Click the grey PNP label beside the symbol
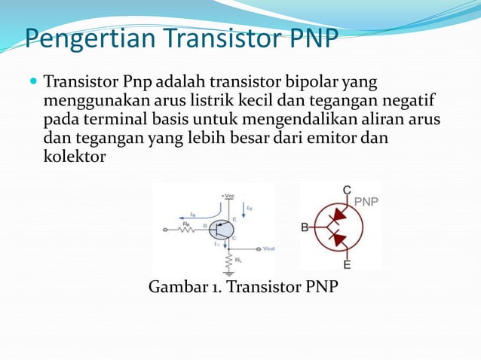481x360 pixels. point(366,201)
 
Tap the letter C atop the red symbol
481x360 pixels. point(347,191)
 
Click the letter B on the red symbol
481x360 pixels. point(305,227)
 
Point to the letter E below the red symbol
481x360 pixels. point(347,264)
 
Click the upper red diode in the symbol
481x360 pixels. point(338,214)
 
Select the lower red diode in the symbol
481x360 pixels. point(338,240)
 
